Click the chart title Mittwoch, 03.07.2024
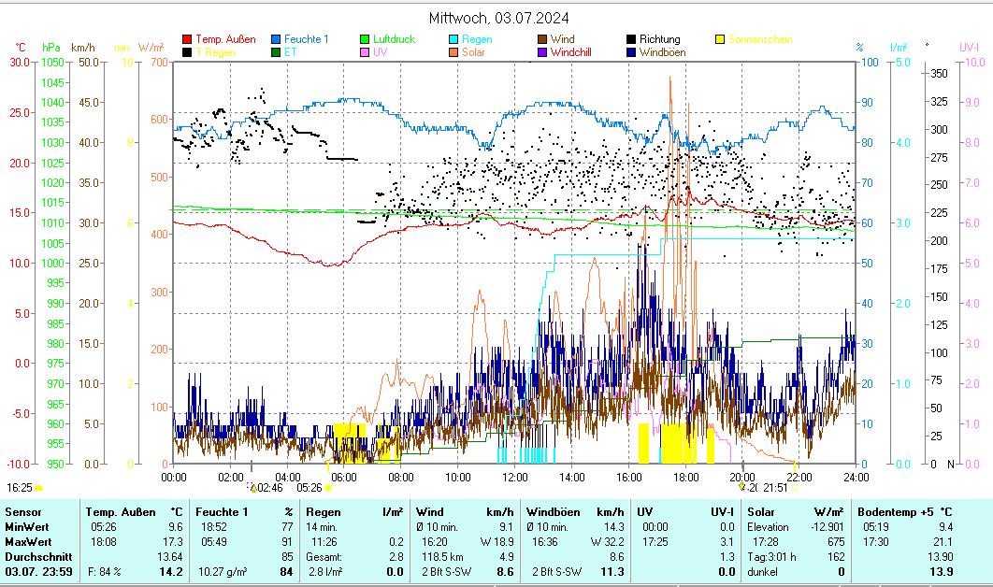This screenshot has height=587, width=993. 498,18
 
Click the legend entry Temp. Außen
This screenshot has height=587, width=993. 225,39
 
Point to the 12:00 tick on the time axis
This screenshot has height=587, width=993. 515,477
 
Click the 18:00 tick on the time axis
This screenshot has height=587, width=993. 685,477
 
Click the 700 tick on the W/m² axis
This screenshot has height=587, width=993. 158,62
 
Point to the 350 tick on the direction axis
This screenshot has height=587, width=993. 940,73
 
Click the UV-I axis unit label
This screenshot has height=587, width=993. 969,47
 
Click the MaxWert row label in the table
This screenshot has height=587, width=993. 27,542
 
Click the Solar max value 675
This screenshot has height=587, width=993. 836,542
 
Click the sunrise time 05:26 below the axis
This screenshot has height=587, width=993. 309,487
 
